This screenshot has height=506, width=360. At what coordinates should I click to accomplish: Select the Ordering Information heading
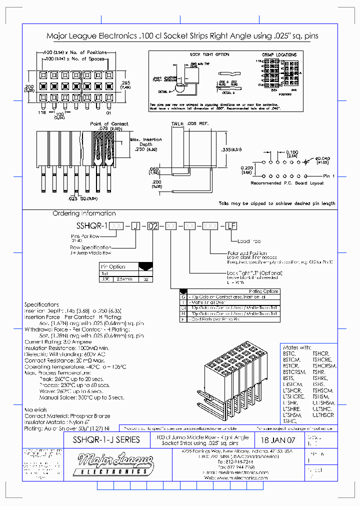84,213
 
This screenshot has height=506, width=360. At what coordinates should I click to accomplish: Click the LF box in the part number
231,226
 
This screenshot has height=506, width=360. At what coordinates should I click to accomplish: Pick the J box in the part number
135,226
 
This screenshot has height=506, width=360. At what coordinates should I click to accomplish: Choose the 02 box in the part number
153,226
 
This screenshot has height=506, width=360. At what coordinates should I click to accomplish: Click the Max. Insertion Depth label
146,142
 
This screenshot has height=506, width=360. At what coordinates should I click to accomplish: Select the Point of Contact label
109,123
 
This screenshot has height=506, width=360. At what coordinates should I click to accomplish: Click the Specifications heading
42,304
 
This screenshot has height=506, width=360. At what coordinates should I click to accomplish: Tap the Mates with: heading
297,347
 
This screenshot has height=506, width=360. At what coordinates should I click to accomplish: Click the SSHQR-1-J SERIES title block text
103,440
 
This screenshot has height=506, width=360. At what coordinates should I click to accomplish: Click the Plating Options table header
263,291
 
